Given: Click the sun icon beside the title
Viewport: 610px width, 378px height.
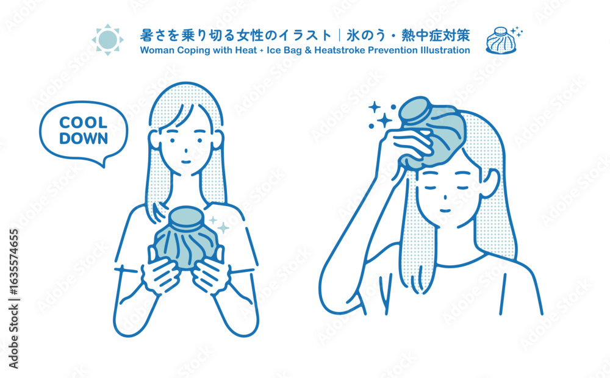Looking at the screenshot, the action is pos(108,39).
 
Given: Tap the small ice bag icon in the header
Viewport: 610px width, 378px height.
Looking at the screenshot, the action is pos(501,40).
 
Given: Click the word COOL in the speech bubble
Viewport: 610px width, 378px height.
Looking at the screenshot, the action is pos(83,123).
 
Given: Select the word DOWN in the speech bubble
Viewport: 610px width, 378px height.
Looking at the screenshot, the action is pos(83,138).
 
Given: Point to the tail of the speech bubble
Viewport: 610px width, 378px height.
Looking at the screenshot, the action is pos(102,163).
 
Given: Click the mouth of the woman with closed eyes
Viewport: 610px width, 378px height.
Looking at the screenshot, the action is pos(445,211).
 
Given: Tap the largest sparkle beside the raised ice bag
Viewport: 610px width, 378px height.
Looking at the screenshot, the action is pos(384,121).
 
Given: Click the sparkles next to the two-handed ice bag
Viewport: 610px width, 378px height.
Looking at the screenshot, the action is pos(220,225).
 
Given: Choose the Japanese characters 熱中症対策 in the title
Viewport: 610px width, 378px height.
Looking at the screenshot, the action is pos(436,36).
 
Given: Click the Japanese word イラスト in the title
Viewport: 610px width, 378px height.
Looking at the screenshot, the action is pos(296,36).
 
